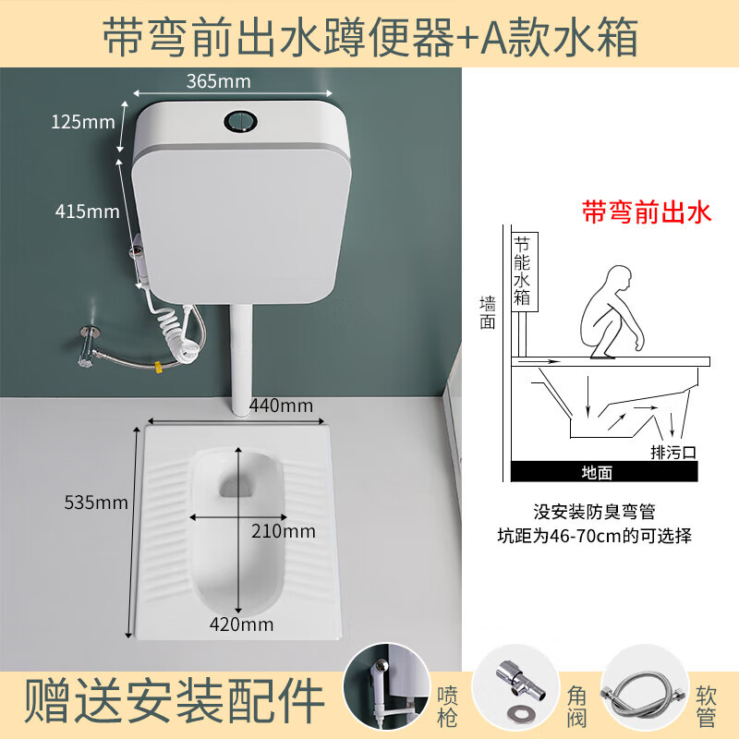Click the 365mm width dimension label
[213, 80]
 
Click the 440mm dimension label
[281, 405]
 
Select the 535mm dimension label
[96, 503]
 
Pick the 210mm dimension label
[285, 531]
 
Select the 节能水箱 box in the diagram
[523, 272]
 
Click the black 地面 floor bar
[597, 470]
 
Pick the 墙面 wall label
[489, 313]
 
